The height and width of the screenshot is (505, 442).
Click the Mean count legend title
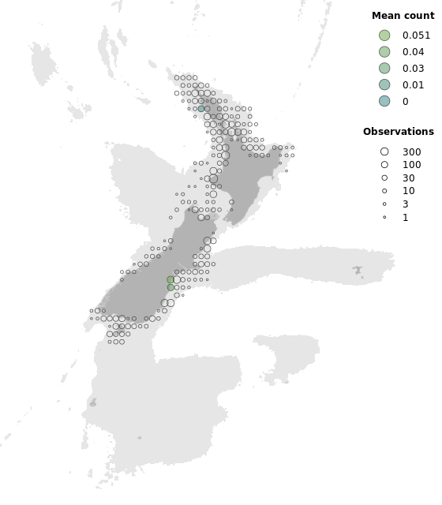[403, 16]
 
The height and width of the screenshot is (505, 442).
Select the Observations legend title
[399, 132]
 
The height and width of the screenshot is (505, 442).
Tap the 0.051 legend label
[416, 36]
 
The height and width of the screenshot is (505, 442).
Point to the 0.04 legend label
[413, 52]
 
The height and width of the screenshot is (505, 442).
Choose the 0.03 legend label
[413, 69]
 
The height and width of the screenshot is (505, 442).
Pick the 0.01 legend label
[413, 84]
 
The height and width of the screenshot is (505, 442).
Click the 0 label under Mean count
[406, 101]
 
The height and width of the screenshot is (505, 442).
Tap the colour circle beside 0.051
[384, 36]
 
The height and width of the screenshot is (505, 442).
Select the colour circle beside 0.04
[384, 52]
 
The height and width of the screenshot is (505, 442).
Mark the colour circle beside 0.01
[384, 84]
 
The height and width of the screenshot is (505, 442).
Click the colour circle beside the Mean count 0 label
[384, 101]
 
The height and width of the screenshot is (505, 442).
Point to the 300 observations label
[411, 151]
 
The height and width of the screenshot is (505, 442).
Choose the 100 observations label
[411, 165]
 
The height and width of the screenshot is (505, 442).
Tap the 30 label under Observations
[409, 178]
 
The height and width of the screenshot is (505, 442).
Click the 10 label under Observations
[409, 191]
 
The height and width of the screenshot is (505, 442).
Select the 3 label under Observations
[406, 204]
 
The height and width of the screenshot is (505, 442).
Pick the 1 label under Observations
[406, 217]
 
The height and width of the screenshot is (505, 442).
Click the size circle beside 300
[384, 151]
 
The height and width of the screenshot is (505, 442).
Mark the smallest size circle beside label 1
[384, 217]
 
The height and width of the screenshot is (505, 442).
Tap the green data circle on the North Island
[201, 109]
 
